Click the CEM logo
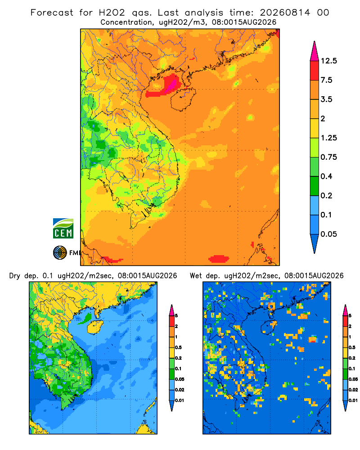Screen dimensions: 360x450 (x=63, y=228)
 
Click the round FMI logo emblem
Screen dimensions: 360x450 (x=60, y=252)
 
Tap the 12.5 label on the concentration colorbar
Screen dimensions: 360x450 (x=328, y=61)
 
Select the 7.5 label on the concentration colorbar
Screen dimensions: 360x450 (x=326, y=80)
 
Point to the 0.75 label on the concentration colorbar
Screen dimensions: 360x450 (x=328, y=157)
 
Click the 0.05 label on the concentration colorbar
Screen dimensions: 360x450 (x=328, y=234)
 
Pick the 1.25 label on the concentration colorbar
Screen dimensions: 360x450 (x=328, y=138)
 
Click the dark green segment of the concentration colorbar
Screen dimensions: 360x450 (x=315, y=186)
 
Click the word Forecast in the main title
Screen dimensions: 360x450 (x=52, y=13)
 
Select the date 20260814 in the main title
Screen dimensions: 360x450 (x=285, y=13)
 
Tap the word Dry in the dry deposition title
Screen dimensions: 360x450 (x=15, y=276)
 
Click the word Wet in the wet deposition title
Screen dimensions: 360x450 (x=196, y=276)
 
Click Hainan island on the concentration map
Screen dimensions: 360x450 (x=183, y=99)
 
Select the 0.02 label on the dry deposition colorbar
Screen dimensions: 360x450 (x=180, y=390)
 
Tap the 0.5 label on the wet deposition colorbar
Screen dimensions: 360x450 (x=351, y=347)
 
